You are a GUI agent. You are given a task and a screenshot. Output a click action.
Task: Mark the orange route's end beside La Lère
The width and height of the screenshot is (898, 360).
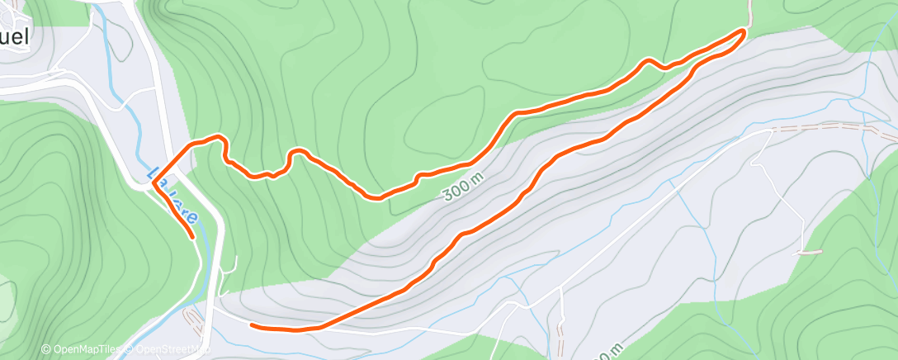coord(193,237)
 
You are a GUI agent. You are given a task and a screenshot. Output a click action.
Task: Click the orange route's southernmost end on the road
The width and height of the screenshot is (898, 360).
coord(251,325)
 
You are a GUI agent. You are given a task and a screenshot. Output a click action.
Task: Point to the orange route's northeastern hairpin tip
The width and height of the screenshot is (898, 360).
coord(744,31)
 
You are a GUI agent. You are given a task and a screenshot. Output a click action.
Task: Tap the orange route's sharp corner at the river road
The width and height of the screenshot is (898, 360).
coord(154,186)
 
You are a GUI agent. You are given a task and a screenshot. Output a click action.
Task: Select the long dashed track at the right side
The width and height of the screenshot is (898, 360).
coord(834,128)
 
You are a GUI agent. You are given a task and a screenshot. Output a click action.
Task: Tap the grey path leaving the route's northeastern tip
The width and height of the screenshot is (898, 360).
coord(751,12)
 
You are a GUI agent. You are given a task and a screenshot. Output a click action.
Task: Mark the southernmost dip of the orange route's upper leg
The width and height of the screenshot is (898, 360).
coord(376,198)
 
